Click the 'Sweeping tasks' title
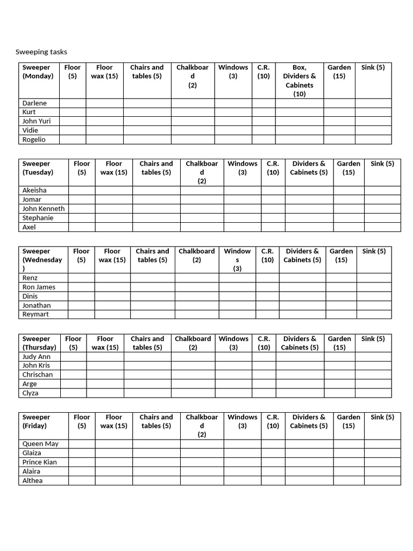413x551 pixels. (41, 52)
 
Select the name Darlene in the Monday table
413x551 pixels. (34, 103)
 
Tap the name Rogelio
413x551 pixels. (34, 139)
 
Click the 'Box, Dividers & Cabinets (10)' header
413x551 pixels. (299, 81)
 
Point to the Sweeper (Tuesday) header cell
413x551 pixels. (38, 168)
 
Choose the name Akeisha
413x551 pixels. (35, 190)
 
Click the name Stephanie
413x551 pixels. (38, 218)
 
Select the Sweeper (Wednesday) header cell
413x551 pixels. (42, 259)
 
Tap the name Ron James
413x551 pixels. (39, 287)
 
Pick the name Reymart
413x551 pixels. (35, 314)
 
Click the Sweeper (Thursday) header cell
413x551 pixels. (39, 343)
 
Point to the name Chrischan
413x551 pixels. (38, 375)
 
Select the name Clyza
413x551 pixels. (30, 393)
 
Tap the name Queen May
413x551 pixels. (40, 444)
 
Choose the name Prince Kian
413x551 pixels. (39, 462)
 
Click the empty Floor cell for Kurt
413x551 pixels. (73, 112)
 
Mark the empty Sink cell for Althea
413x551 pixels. (382, 481)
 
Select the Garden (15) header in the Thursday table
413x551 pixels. (339, 343)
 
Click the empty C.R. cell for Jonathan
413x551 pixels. (267, 305)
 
